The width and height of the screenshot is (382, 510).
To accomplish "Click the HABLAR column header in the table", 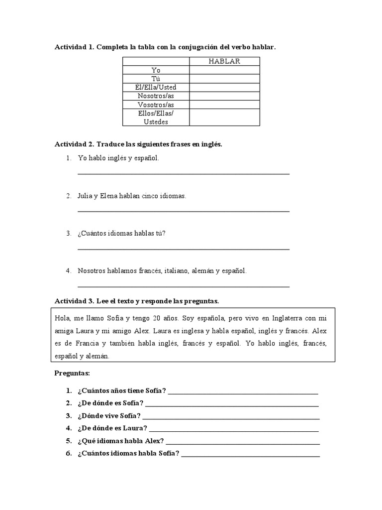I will (x=225, y=61).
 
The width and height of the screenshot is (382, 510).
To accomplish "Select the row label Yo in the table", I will (x=156, y=70).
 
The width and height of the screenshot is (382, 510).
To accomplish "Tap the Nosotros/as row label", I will (x=156, y=96).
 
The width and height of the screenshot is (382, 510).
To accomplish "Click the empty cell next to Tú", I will (x=225, y=79).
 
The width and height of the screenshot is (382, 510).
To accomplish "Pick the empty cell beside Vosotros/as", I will (x=225, y=105).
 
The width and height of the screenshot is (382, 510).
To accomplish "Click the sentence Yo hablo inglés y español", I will (x=118, y=158).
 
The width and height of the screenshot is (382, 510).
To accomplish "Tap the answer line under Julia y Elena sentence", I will (x=184, y=212).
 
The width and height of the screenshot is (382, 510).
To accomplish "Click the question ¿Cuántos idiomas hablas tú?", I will (x=121, y=233).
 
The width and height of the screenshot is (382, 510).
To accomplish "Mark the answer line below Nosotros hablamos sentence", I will (x=184, y=287).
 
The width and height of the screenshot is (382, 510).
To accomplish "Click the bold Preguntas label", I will (x=71, y=373).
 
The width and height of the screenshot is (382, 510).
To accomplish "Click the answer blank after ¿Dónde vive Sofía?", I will (x=231, y=416).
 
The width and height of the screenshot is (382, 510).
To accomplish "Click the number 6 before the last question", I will (x=69, y=453).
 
